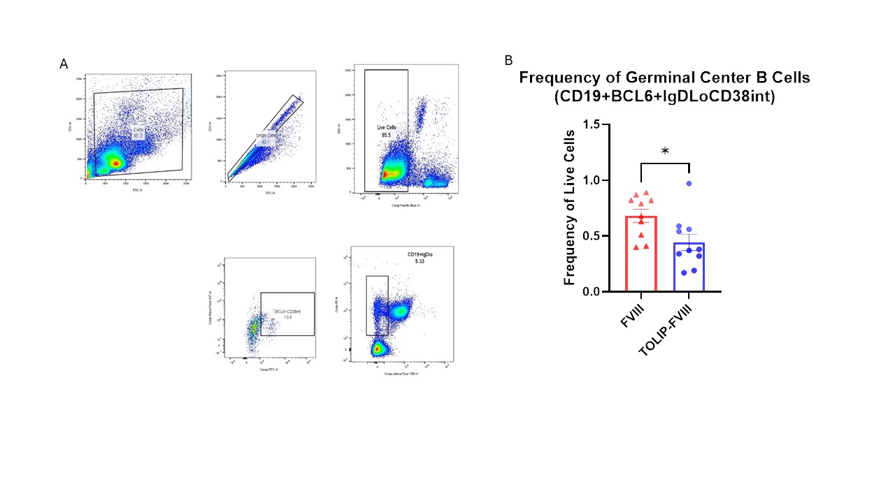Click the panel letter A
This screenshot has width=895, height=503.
click(64, 64)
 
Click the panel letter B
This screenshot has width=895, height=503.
click(508, 61)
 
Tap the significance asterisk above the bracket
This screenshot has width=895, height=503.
click(665, 152)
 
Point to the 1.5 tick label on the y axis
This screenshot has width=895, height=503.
click(592, 125)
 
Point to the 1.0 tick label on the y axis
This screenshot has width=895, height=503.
click(592, 180)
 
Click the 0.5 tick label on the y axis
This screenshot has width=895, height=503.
click(592, 236)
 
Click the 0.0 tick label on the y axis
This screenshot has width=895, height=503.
click(592, 291)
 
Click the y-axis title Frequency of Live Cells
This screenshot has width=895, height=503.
click(570, 208)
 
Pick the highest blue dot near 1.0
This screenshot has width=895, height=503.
click(689, 184)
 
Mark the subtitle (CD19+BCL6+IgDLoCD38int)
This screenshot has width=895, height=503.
click(665, 97)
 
